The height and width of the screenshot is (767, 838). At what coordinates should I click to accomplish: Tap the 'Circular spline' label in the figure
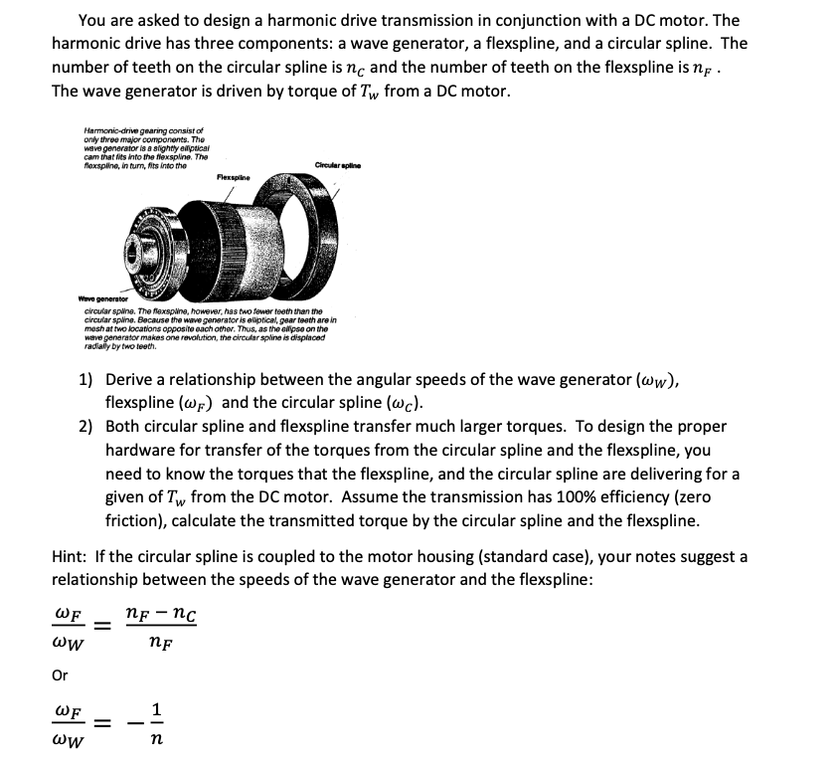335,164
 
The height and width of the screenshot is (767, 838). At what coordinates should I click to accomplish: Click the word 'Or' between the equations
60,675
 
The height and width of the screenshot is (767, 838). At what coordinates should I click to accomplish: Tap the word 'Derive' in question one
129,380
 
